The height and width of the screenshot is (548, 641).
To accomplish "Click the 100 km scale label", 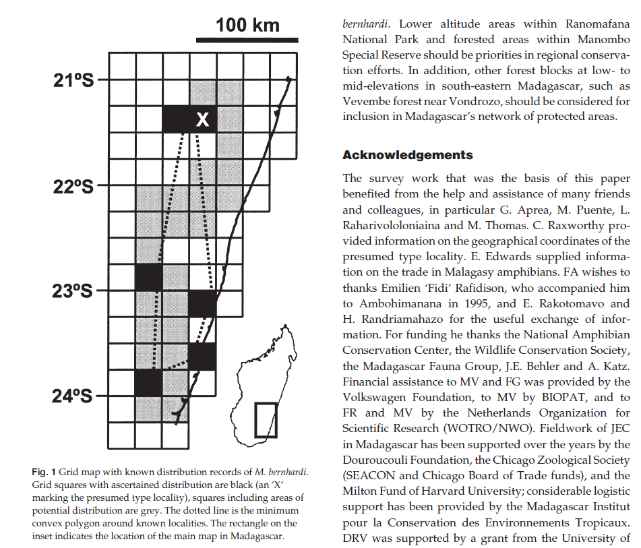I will pos(247,26).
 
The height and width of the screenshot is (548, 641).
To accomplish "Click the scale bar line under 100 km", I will pos(247,40).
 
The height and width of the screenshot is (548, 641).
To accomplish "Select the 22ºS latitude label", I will pos(72,186).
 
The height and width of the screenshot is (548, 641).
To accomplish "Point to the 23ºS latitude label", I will pos(72,292).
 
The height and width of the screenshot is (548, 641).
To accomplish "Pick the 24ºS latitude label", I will pos(72,396).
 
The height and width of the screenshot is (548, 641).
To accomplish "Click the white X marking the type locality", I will pos(202,120).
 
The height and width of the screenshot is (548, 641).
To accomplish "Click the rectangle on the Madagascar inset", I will pos(266,419).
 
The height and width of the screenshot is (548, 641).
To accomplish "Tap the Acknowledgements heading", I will pos(408,155).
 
